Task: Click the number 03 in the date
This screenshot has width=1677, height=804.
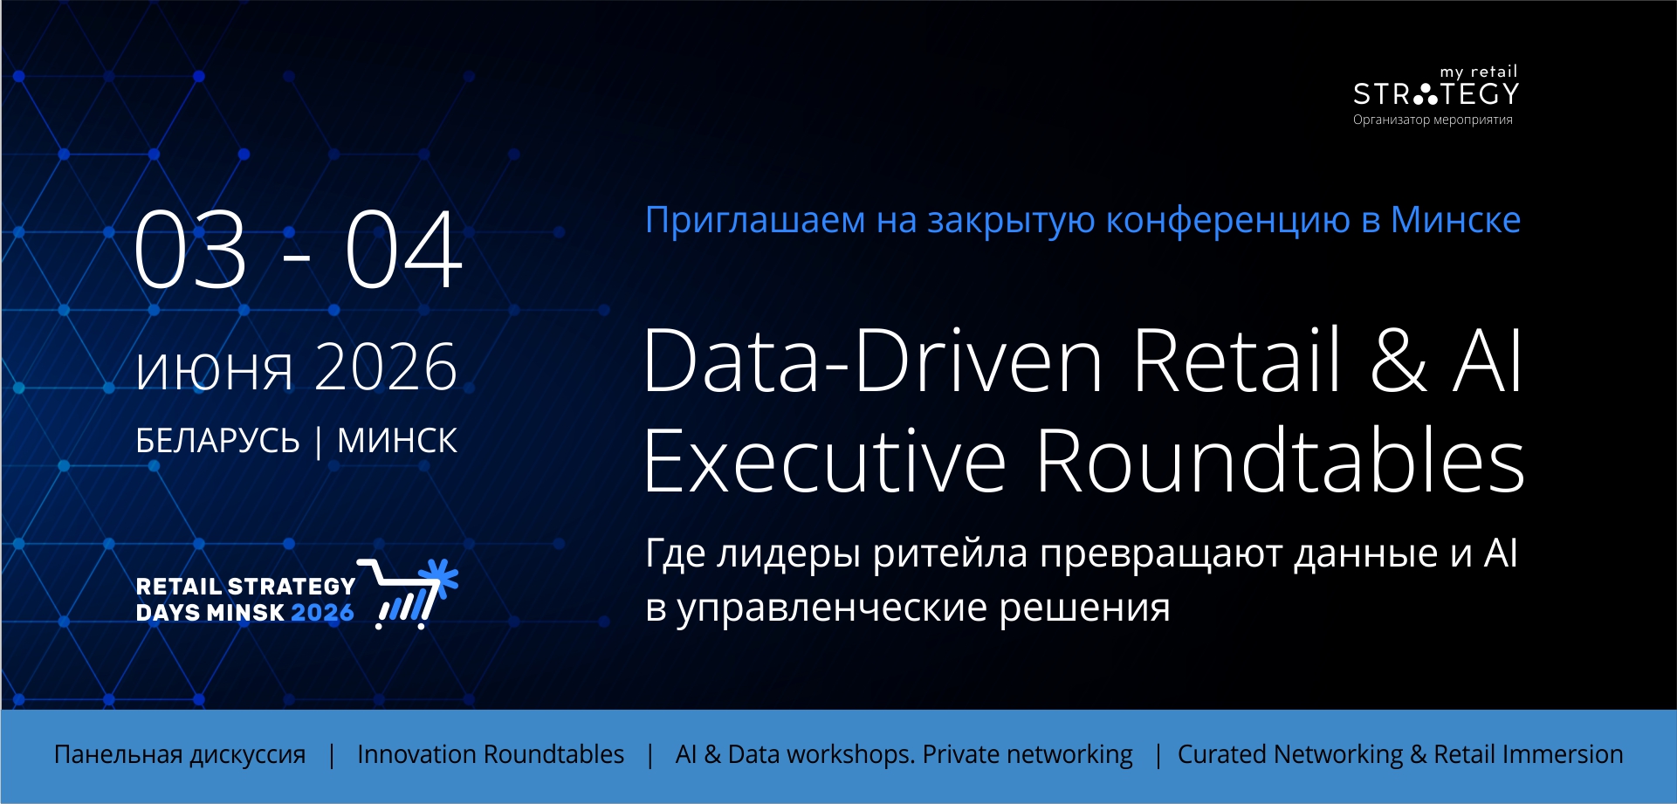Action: (190, 249)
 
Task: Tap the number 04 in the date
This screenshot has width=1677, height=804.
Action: (403, 249)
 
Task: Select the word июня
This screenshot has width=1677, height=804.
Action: (214, 369)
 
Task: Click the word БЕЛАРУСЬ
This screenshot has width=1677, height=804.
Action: (217, 441)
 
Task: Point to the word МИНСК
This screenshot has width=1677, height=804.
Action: (397, 441)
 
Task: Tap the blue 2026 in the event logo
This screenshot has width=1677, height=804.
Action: (322, 613)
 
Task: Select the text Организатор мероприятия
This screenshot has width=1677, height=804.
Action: (1433, 120)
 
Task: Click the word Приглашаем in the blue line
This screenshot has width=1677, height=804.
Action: (755, 220)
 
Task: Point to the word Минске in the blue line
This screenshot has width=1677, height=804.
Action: (1455, 219)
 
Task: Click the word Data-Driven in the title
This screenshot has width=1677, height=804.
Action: (874, 360)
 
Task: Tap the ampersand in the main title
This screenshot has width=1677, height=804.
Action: (1399, 360)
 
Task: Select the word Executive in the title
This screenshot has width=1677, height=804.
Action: (826, 460)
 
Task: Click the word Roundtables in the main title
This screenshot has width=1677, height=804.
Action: (1281, 460)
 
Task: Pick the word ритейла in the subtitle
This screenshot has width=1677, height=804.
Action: (951, 553)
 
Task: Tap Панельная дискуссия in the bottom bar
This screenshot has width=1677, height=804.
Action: (180, 754)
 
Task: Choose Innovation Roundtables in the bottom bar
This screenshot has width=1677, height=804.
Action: (491, 754)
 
